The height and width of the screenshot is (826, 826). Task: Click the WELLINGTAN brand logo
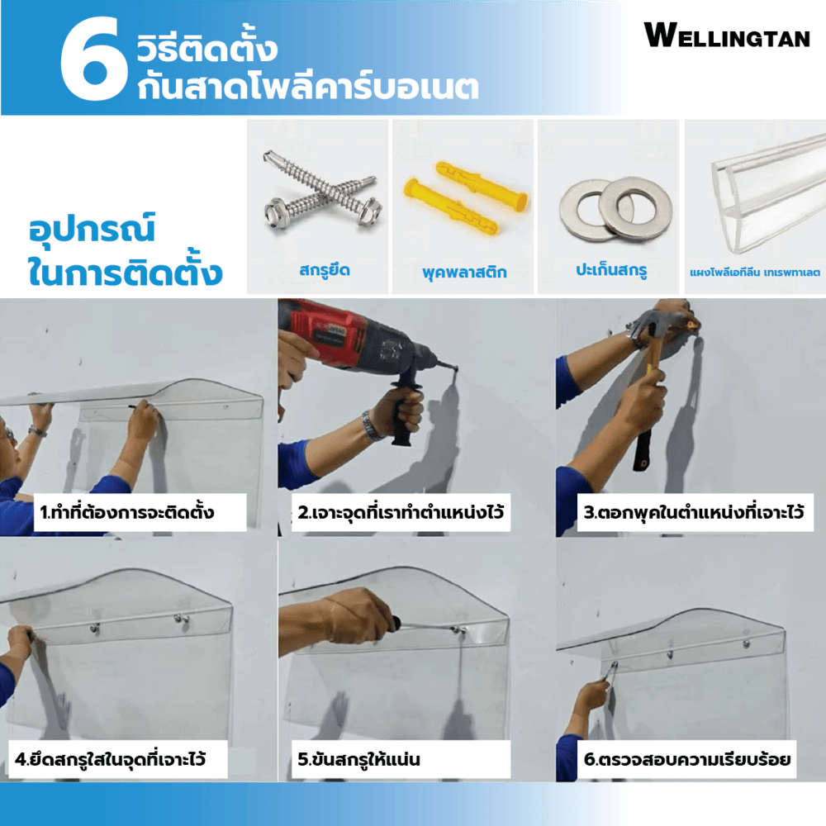(x=726, y=36)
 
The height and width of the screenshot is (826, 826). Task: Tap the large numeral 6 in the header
(x=94, y=58)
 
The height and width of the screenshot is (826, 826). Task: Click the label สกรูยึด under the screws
(x=325, y=271)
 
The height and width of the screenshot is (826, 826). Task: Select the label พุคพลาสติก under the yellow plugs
(x=464, y=272)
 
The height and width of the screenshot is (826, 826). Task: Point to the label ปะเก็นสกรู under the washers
(x=611, y=270)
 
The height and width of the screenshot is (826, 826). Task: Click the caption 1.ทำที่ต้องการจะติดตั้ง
(x=127, y=512)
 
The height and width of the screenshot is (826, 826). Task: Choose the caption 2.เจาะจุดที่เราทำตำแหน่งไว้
(x=401, y=512)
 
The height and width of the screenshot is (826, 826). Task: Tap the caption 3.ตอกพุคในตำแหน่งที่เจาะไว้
(x=694, y=512)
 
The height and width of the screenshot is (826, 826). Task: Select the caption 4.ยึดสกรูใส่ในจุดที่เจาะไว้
(x=110, y=759)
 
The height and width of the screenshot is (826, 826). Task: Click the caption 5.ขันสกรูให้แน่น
(x=358, y=759)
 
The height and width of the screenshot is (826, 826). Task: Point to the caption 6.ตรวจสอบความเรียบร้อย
(x=687, y=759)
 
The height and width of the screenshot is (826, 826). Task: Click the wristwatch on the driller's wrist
(x=373, y=425)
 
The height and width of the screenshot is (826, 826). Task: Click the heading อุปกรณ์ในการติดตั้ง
(x=125, y=251)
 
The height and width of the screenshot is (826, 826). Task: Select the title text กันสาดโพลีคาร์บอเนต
(x=308, y=87)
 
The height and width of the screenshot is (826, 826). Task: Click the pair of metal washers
(x=616, y=209)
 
